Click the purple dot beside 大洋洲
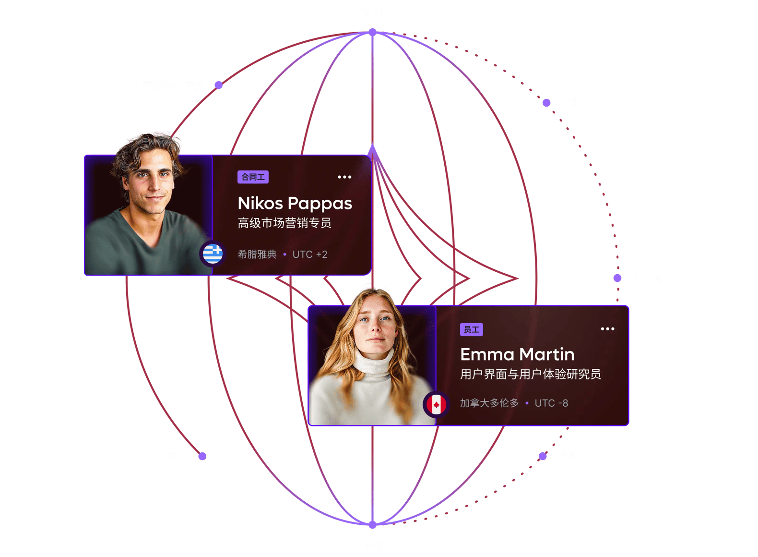[x=617, y=278]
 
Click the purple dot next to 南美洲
[x=202, y=456]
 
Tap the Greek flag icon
[x=213, y=253]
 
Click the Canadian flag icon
[x=436, y=404]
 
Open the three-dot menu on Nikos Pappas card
[x=344, y=177]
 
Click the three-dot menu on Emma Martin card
[x=607, y=329]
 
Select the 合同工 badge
[x=253, y=177]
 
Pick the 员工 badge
[x=471, y=329]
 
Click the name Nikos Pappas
[x=295, y=204]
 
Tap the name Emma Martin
[x=517, y=354]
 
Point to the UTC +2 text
[x=310, y=254]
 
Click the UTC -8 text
[x=551, y=403]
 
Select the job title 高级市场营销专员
[x=284, y=223]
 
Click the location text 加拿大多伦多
[x=489, y=403]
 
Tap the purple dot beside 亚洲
[x=546, y=103]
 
